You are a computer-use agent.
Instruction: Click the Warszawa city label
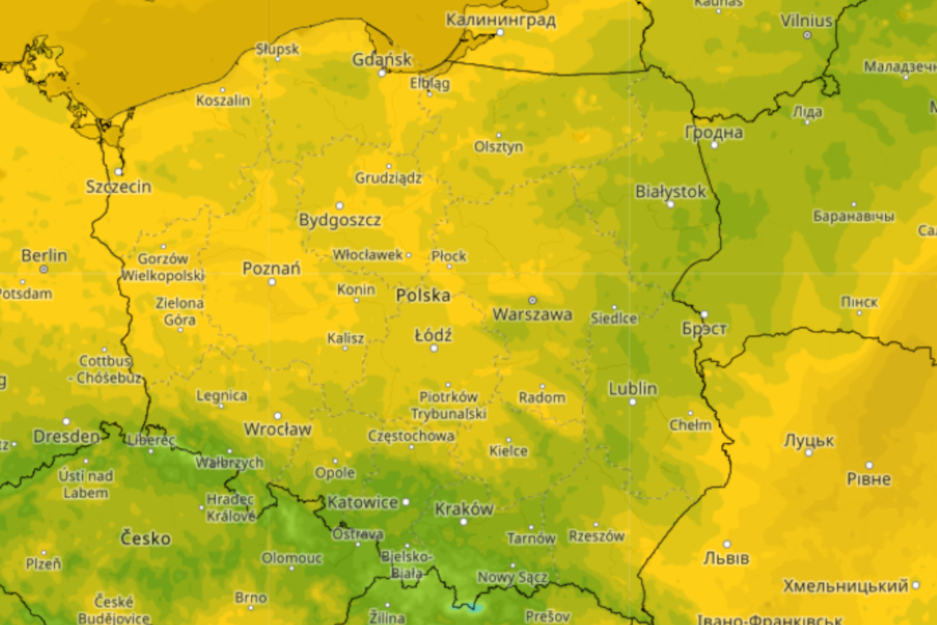coord(532,314)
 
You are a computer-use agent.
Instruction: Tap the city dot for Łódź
coord(434,348)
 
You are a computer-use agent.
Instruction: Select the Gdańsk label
coord(381,59)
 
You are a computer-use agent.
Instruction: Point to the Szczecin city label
coord(119,187)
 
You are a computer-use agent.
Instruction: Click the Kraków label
coord(464,509)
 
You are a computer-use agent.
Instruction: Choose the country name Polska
coord(423,295)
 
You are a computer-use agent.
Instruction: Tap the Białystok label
coord(670,192)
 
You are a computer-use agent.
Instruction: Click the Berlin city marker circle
coord(44,269)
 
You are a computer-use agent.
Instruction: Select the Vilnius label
coord(806,21)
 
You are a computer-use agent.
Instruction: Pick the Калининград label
coord(500,19)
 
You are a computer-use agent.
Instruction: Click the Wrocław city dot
coord(277,416)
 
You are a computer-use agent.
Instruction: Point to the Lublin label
coord(633,389)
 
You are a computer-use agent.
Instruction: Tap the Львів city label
coord(726,558)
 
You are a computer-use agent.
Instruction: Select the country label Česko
coord(146,538)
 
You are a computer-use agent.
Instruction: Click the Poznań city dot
coord(272,282)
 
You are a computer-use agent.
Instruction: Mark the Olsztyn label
coord(498,146)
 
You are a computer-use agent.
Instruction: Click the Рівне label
coord(869,479)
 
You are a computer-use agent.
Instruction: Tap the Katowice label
coord(363,502)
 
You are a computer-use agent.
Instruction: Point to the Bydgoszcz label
coord(339,220)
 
